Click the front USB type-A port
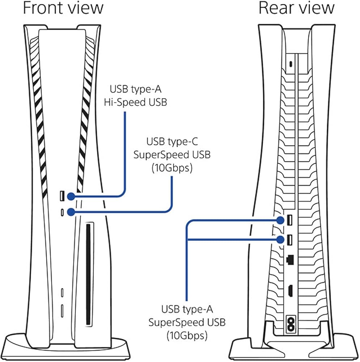click(x=62, y=196)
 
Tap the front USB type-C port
click(x=62, y=212)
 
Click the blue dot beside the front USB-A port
click(x=71, y=196)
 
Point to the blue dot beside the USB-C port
click(x=71, y=212)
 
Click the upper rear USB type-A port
click(x=290, y=220)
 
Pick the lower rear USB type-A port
click(x=290, y=239)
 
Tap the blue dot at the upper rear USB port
click(x=280, y=220)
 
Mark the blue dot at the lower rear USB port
click(x=280, y=239)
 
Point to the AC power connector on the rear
click(x=290, y=321)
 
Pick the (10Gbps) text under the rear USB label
click(x=187, y=336)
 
